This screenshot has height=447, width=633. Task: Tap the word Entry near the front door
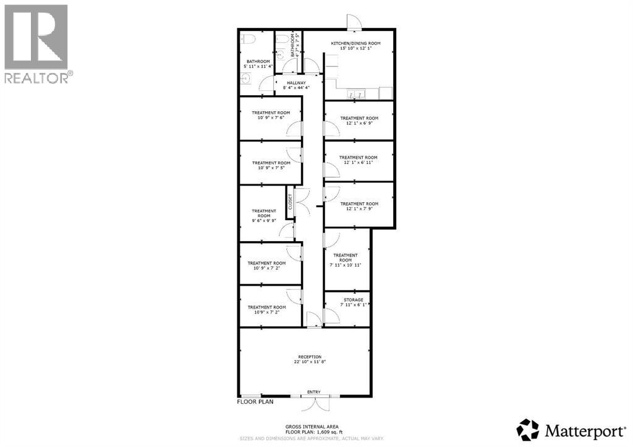[x=314, y=392]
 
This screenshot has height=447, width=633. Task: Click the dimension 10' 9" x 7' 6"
[x=267, y=118]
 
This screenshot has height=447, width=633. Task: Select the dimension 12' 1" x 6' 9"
[x=359, y=123]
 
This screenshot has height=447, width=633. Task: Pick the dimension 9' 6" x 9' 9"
[x=264, y=221]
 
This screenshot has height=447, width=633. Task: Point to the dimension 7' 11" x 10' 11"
[x=346, y=265]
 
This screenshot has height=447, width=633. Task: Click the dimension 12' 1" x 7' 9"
[x=359, y=209]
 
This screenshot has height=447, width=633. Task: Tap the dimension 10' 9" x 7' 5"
[x=266, y=168]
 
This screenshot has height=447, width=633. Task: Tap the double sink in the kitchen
[x=356, y=95]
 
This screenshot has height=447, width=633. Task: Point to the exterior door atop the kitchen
[x=354, y=22]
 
